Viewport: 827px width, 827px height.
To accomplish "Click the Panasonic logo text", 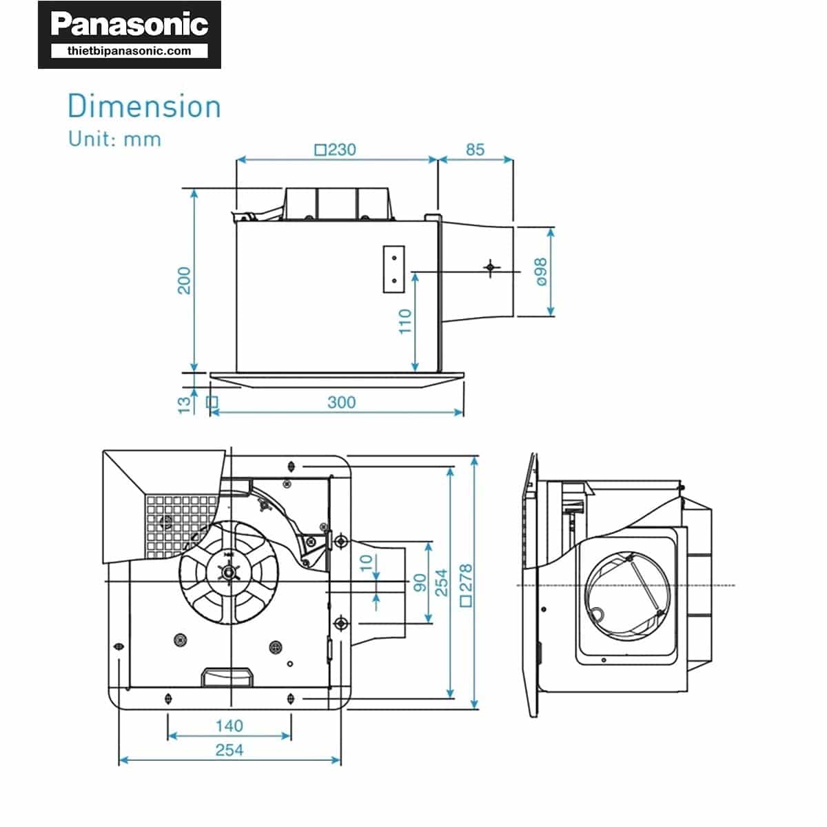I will (x=130, y=25).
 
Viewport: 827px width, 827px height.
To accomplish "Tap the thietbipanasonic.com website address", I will (x=130, y=51).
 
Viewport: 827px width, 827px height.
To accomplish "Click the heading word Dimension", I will (x=144, y=107).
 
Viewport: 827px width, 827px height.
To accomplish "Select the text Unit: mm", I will (x=114, y=139).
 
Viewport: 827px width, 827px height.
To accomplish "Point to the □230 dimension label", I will (x=335, y=150).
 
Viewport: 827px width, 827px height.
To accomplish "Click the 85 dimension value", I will (x=475, y=150).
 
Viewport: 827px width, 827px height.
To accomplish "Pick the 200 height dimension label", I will (x=184, y=280).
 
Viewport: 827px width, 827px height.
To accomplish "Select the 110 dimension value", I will (x=405, y=321).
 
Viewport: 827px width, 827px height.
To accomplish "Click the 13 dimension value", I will (x=184, y=404).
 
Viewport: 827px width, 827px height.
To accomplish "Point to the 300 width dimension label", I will (x=341, y=402).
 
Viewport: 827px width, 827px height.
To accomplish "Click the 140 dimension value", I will (x=229, y=726).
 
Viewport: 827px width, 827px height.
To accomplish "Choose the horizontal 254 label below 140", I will (x=229, y=750).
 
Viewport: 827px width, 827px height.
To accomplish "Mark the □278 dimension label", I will (x=466, y=584).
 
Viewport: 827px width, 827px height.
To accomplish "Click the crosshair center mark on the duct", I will (x=490, y=267).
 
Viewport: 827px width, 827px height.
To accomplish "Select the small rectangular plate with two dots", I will (x=393, y=269).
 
